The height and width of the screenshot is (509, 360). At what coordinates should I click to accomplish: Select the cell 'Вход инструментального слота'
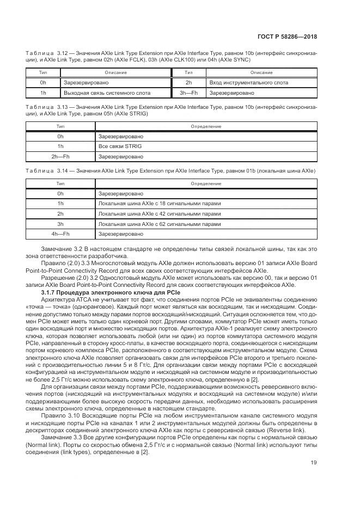pyautogui.click(x=248, y=83)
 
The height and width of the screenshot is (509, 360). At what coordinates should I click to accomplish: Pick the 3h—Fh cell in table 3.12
pyautogui.click(x=188, y=93)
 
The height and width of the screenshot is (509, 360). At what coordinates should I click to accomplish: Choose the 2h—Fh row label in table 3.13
pyautogui.click(x=60, y=157)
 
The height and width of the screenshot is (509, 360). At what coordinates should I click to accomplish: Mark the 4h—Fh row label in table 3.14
pyautogui.click(x=60, y=234)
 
